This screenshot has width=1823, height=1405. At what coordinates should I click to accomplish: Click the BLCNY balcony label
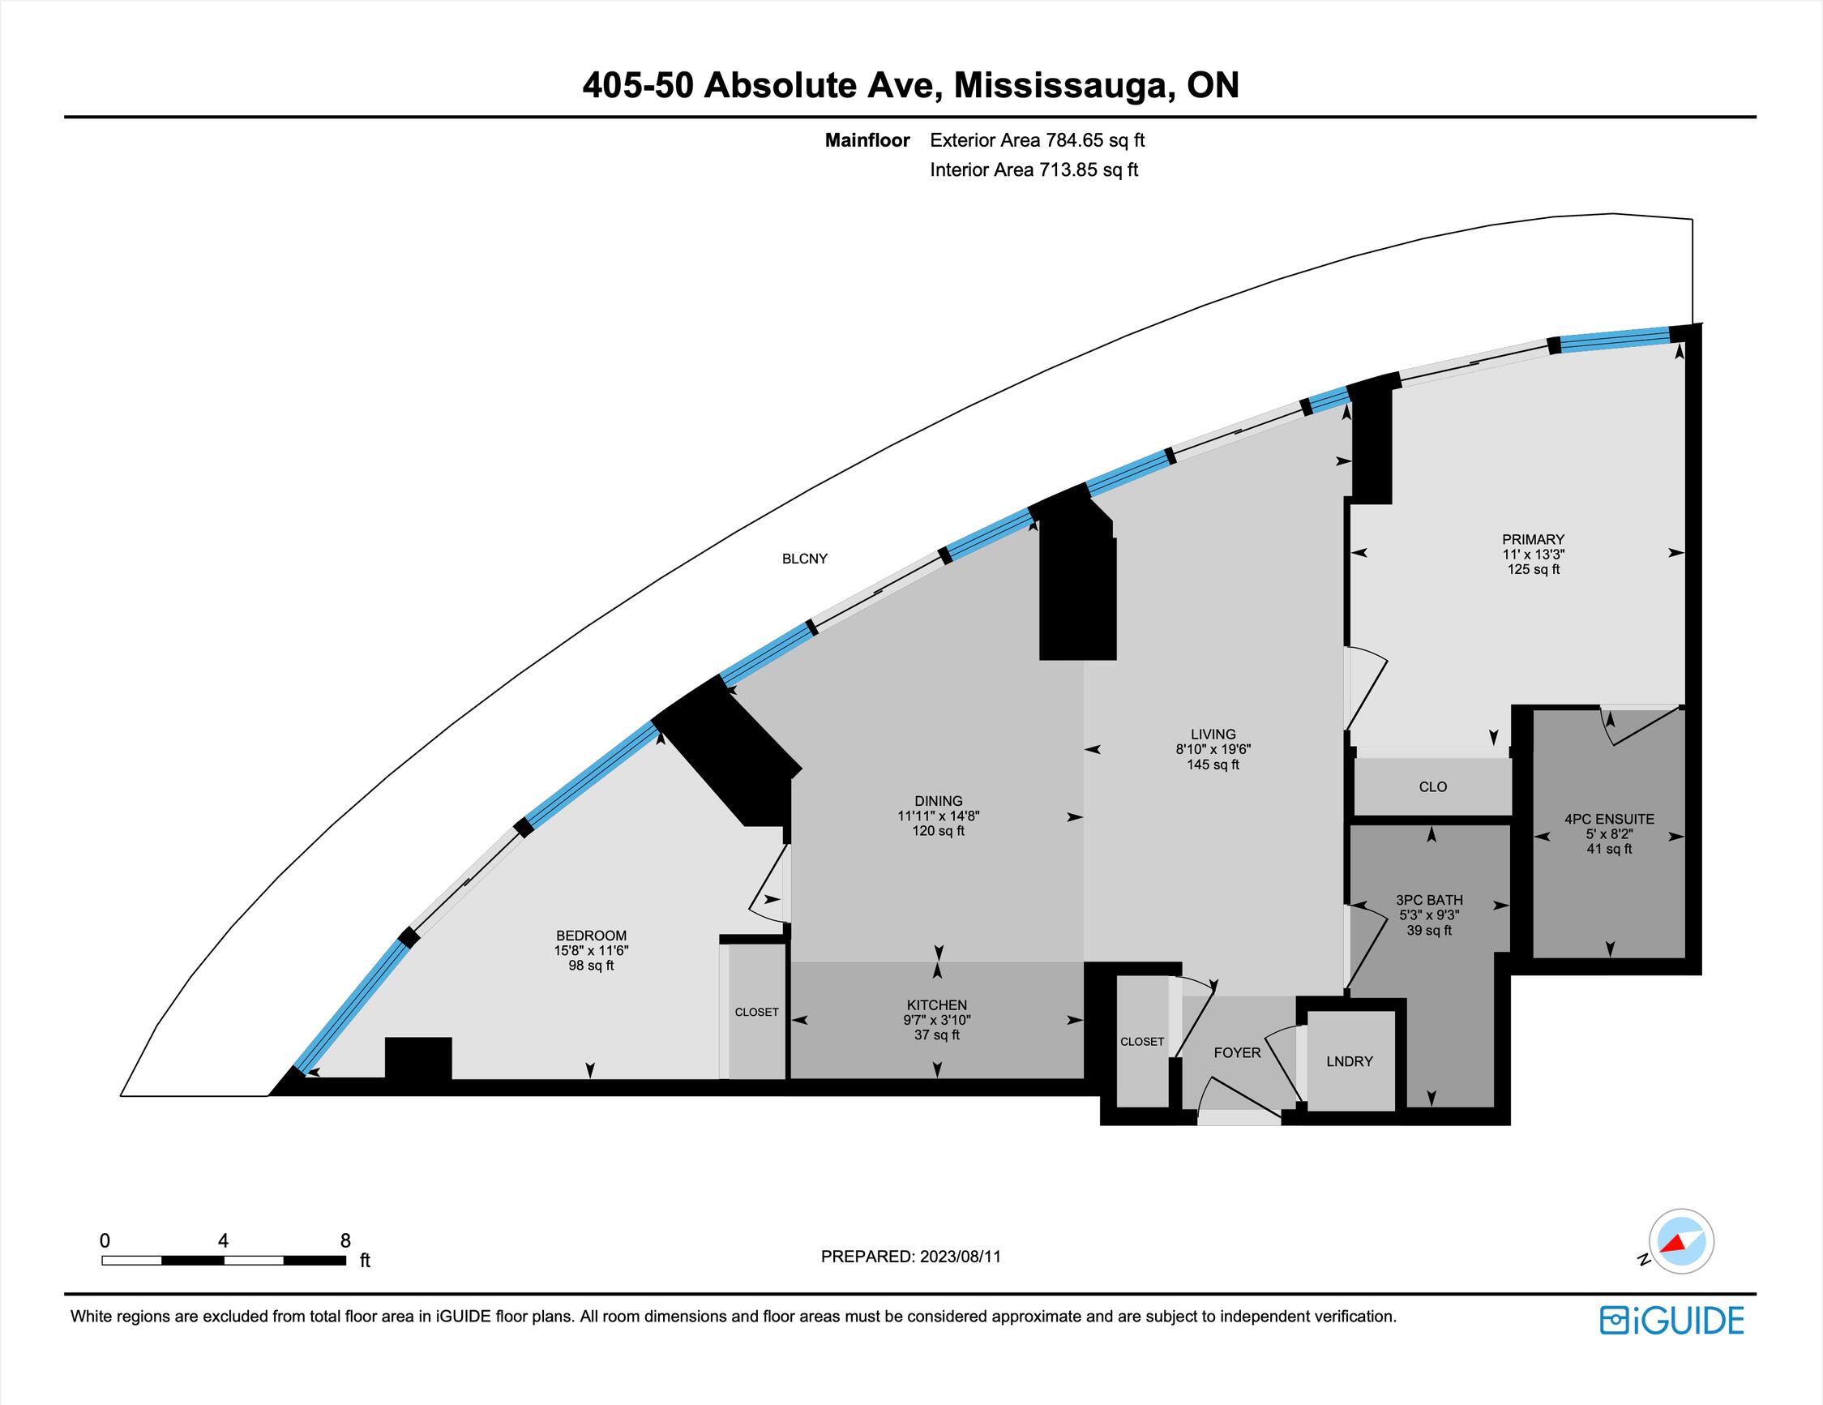805,559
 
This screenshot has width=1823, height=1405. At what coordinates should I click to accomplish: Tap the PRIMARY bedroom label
1534,539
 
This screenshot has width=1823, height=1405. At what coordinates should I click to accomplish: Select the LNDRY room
1350,1061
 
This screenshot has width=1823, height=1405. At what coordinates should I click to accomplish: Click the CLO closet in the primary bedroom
1432,786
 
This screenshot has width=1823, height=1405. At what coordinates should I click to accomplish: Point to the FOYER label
1237,1052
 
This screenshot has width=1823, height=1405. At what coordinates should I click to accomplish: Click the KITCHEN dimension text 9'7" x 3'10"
937,1020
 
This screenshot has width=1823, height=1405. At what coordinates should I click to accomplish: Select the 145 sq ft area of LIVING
1213,765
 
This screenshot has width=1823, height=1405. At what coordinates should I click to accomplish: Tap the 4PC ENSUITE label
1609,819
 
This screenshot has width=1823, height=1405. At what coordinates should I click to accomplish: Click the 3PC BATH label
1429,900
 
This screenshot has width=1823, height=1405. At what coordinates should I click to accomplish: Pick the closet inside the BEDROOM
756,1012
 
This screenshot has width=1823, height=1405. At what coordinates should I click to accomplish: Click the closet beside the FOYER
1141,1042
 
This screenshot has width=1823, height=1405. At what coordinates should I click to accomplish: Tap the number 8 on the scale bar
345,1240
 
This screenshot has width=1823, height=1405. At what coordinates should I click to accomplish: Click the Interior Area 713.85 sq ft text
1034,170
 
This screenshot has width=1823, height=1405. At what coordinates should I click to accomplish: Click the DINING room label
938,800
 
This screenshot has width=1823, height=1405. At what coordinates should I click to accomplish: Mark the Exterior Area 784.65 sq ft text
1038,140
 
